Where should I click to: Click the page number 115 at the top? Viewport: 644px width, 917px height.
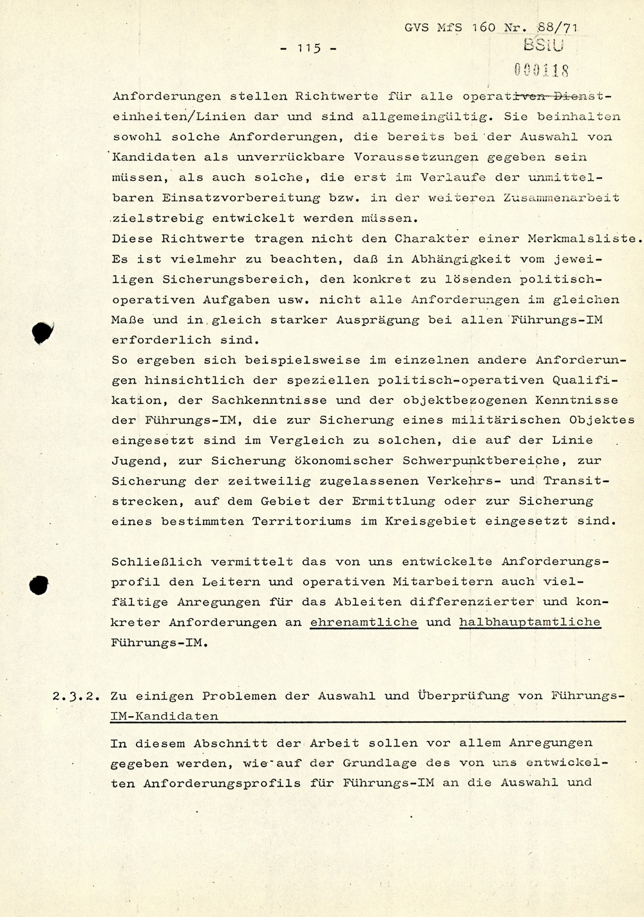click(309, 48)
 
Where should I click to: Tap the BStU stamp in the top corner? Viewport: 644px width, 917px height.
click(543, 45)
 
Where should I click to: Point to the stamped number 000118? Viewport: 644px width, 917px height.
click(542, 69)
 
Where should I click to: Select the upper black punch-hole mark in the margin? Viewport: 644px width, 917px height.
click(42, 332)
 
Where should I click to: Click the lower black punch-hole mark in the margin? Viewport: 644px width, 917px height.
click(39, 584)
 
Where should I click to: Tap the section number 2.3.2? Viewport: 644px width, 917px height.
click(75, 696)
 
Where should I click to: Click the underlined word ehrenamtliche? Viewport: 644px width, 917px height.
click(364, 622)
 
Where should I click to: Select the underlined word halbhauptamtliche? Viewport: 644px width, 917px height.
click(529, 622)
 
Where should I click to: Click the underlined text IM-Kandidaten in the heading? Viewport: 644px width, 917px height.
click(164, 716)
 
